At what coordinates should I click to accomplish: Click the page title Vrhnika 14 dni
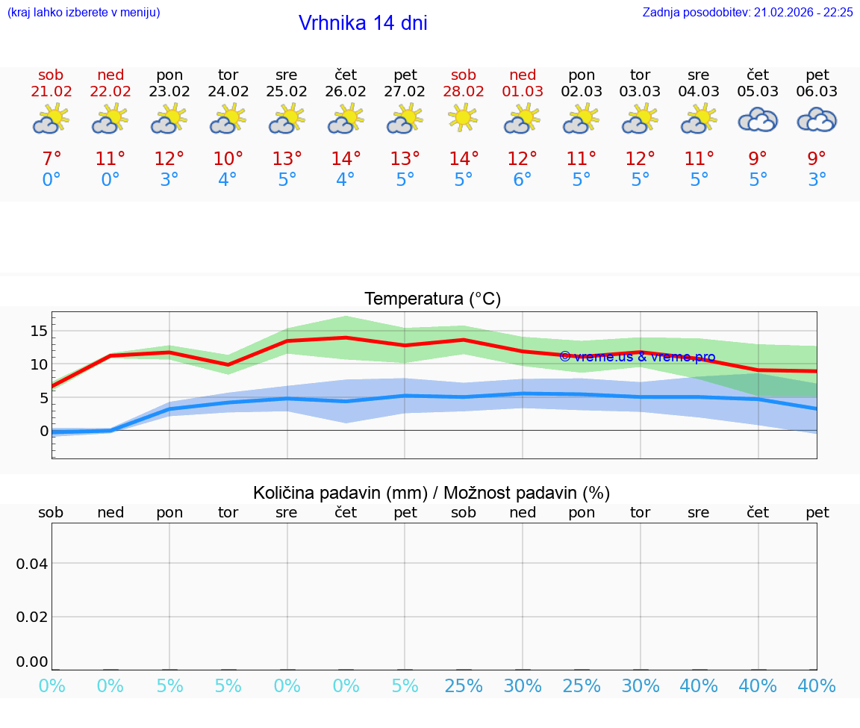click(x=363, y=23)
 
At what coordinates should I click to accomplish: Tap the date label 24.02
click(x=228, y=92)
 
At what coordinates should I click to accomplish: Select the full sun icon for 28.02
click(x=464, y=118)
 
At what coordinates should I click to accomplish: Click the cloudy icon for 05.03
click(x=758, y=119)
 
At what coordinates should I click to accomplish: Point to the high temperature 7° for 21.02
click(x=51, y=159)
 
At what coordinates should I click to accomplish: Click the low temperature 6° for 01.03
click(x=522, y=180)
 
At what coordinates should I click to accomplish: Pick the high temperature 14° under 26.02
click(x=346, y=159)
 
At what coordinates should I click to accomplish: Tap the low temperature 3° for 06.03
click(x=817, y=180)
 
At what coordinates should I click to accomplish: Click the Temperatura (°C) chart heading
click(x=432, y=299)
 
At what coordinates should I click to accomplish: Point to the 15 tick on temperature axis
click(x=40, y=331)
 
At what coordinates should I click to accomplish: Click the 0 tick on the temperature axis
click(x=44, y=431)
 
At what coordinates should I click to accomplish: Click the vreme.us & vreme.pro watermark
click(x=637, y=357)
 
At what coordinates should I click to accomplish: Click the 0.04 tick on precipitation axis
click(x=32, y=564)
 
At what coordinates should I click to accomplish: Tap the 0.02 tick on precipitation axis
click(x=32, y=617)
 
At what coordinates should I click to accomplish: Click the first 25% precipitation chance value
click(x=464, y=685)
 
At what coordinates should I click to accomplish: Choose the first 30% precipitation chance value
click(x=522, y=685)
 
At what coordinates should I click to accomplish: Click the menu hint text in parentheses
click(x=83, y=12)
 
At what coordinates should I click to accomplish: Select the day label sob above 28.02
click(x=464, y=75)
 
